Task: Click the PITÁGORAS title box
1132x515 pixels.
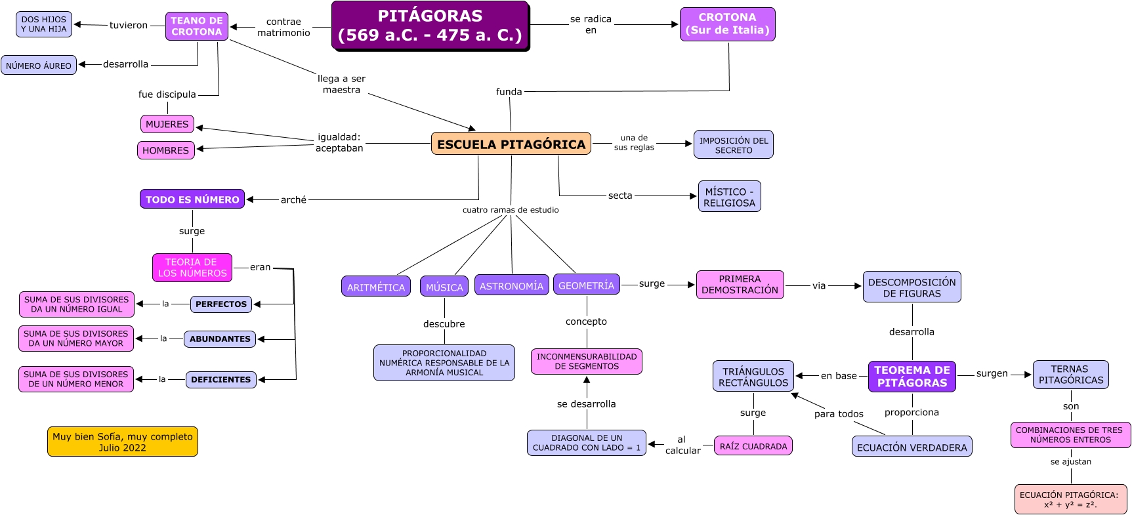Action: (430, 26)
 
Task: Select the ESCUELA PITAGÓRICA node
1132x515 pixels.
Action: (511, 144)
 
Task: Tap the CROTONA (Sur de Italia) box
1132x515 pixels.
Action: (727, 24)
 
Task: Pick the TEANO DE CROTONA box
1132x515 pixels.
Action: (197, 26)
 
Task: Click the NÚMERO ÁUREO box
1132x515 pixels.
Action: (39, 66)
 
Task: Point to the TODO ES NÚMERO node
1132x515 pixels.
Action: (192, 199)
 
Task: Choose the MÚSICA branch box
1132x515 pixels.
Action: (444, 287)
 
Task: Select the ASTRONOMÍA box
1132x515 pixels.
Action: (511, 285)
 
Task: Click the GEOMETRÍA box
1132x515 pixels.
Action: (586, 285)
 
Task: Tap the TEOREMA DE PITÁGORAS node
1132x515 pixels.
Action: (912, 377)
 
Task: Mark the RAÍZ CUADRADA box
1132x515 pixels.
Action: (753, 446)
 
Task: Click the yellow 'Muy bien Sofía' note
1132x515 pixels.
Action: (123, 442)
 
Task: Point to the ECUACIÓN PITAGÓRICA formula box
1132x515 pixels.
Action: (1070, 499)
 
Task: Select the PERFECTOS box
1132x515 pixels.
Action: (221, 304)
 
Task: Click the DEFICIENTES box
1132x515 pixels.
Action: (221, 379)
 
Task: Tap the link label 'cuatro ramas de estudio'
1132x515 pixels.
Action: (511, 210)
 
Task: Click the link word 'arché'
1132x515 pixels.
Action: (293, 200)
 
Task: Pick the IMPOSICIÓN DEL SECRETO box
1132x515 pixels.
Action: (733, 144)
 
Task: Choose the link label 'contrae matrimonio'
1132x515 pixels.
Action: (283, 27)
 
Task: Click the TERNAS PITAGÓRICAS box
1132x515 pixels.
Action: (1070, 375)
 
